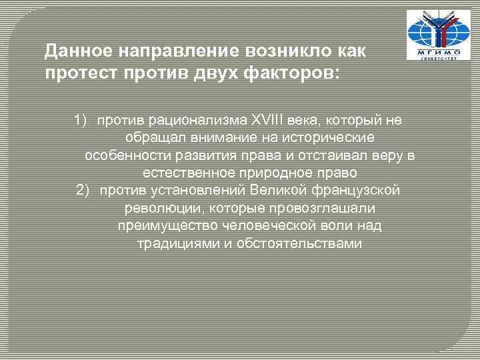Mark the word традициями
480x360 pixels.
tap(175, 244)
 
